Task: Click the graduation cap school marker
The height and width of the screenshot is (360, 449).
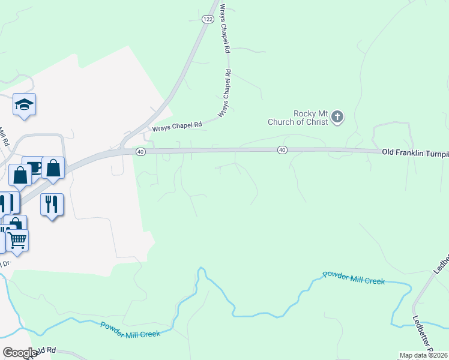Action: click(x=24, y=105)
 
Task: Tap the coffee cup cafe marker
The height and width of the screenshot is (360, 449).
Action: click(x=33, y=167)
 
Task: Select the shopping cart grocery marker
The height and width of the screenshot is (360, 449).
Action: click(x=17, y=241)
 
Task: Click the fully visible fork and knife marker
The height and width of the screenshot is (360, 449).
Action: click(x=52, y=205)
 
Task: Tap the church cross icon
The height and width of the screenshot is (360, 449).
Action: click(x=337, y=116)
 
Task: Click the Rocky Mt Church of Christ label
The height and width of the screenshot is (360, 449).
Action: click(x=298, y=118)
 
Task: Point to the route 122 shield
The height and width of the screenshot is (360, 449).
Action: click(x=208, y=19)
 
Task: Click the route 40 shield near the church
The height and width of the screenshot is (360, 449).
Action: click(x=282, y=149)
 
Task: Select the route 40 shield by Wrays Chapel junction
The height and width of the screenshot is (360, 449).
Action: click(x=140, y=152)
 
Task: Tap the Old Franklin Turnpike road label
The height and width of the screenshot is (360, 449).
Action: click(x=415, y=153)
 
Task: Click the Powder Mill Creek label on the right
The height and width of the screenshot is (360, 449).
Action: click(x=353, y=277)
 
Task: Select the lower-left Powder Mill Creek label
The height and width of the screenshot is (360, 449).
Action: click(x=130, y=329)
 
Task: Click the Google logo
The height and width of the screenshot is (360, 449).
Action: click(x=20, y=353)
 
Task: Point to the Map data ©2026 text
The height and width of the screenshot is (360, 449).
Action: click(x=423, y=355)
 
